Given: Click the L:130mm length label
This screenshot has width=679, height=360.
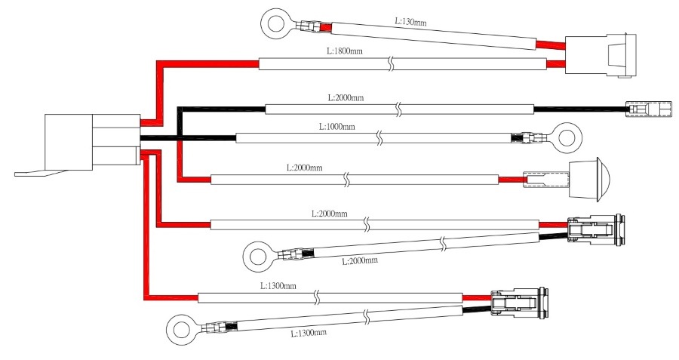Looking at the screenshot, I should coord(411,23).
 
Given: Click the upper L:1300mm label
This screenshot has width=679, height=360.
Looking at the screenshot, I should coord(278,287).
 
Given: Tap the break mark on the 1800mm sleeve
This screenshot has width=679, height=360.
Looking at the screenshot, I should coord(392,64).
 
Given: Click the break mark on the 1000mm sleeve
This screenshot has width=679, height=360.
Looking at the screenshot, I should coord(380,138).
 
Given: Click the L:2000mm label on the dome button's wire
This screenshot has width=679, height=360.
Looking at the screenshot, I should coord(304,168).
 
